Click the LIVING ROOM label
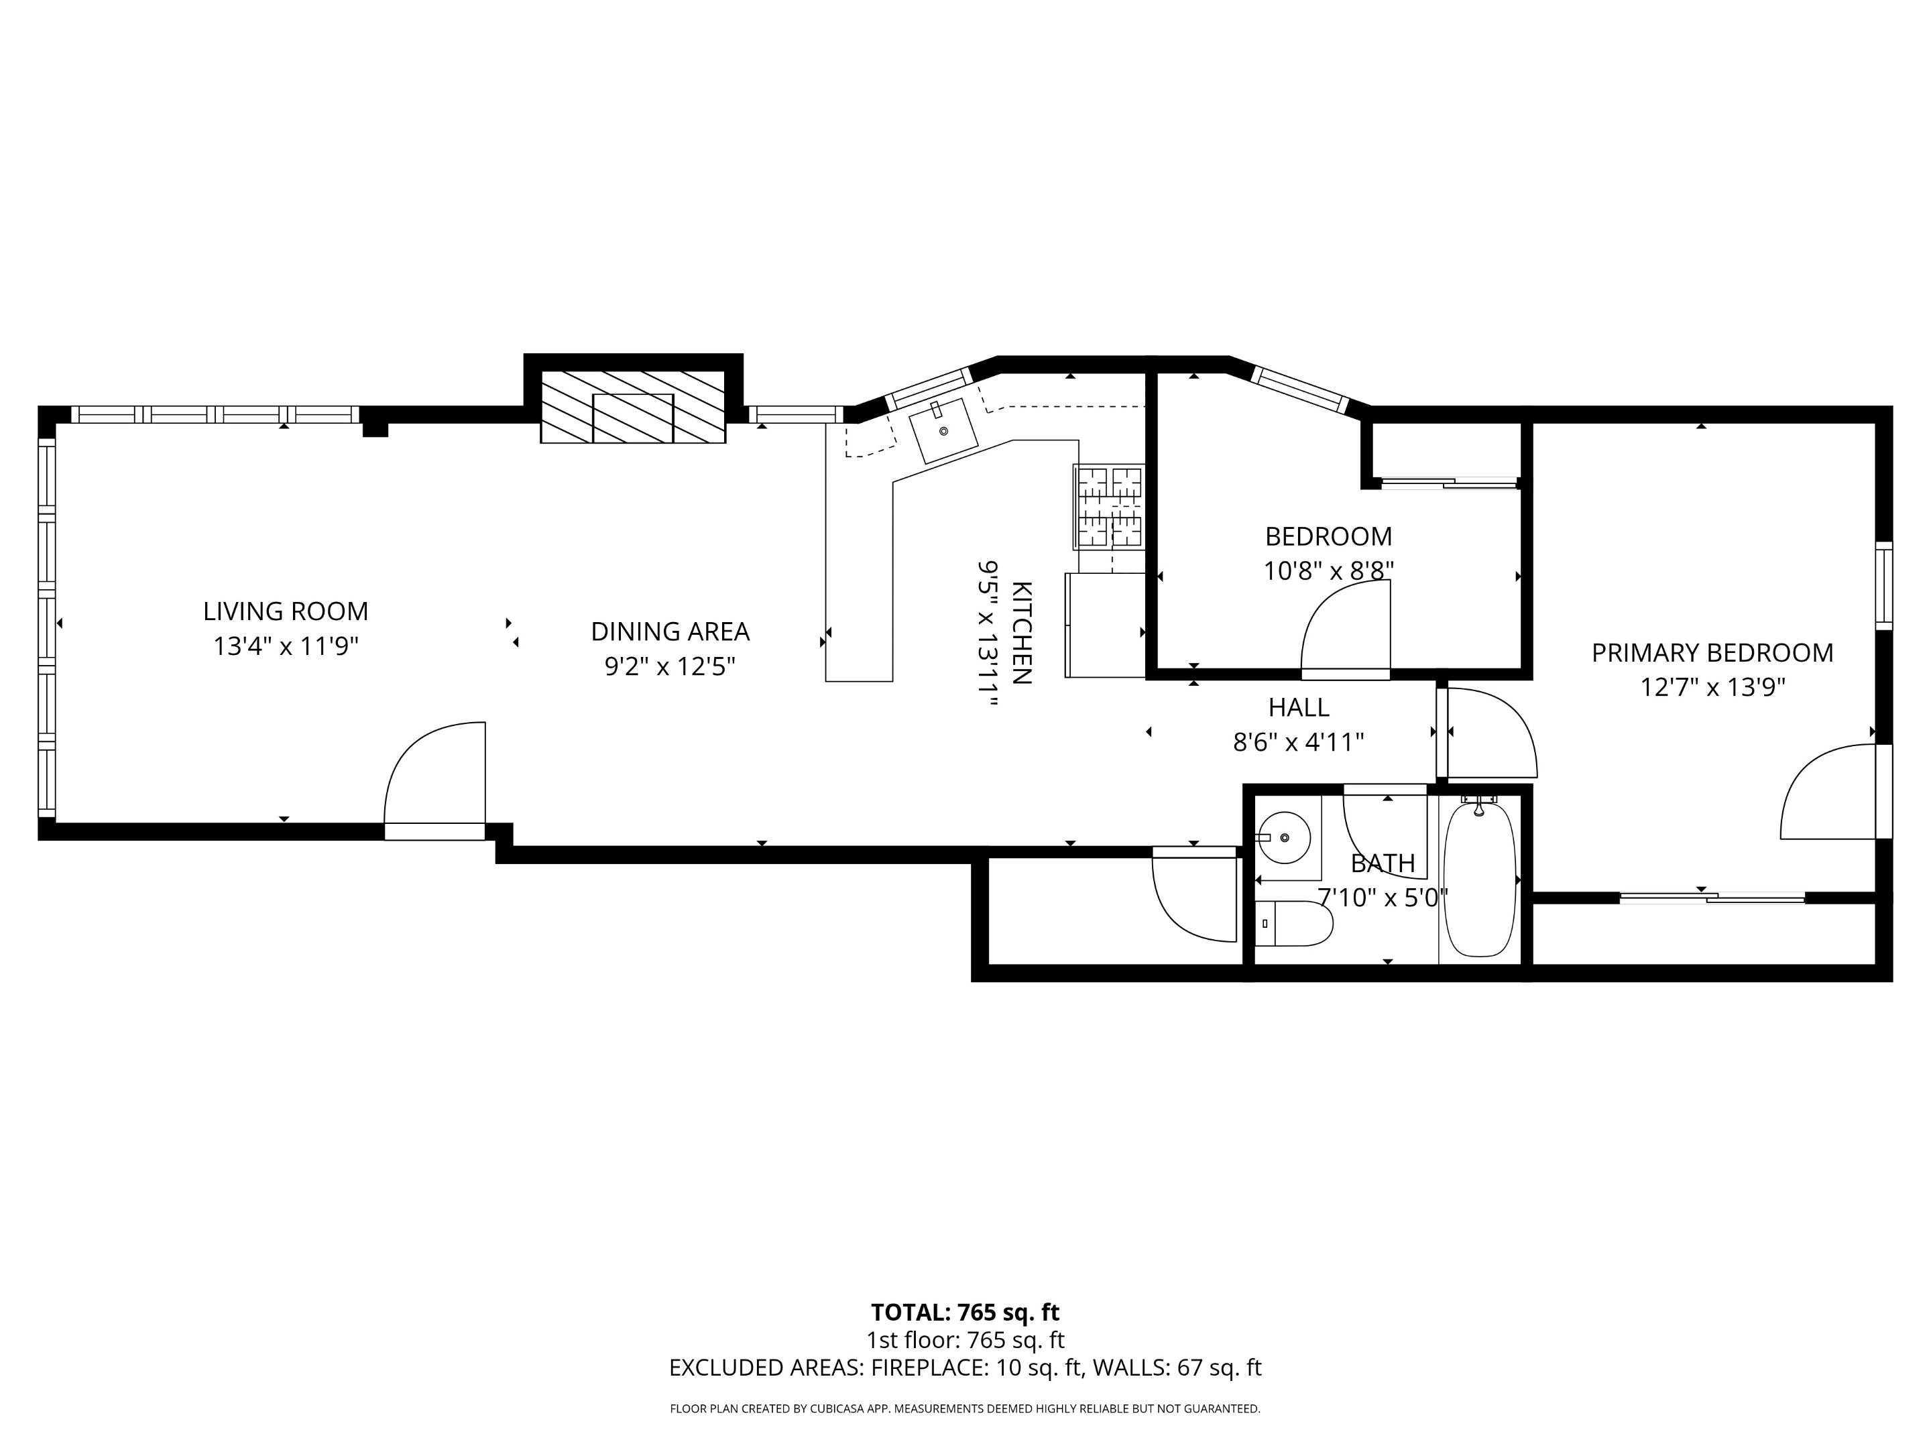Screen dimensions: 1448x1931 click(286, 611)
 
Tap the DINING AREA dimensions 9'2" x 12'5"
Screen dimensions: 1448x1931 click(670, 667)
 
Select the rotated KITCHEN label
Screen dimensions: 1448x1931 click(1021, 633)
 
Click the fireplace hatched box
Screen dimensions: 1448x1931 click(633, 407)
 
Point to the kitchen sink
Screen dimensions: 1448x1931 click(943, 431)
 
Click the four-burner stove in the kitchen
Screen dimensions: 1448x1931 click(1110, 506)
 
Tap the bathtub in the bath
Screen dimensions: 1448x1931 click(1479, 880)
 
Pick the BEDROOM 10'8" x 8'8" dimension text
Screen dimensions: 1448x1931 click(1328, 571)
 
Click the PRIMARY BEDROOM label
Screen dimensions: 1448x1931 click(1712, 653)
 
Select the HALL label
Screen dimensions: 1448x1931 click(1298, 707)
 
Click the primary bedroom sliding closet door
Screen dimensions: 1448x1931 click(1712, 896)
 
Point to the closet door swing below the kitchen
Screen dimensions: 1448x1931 click(1194, 899)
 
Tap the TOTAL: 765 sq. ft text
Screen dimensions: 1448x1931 click(965, 1313)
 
